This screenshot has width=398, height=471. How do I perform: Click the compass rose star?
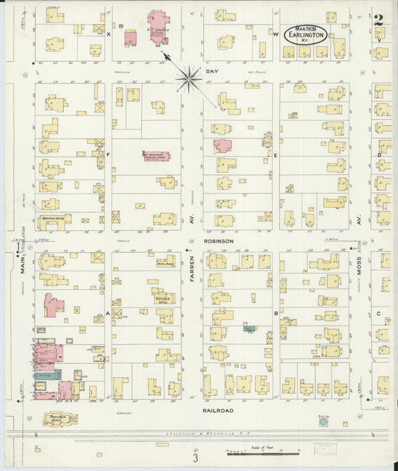pyautogui.click(x=190, y=75)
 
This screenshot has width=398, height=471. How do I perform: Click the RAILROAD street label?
pyautogui.click(x=218, y=410)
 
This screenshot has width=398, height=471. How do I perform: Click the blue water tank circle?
pyautogui.click(x=323, y=422)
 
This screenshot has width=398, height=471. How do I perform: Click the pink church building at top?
pyautogui.click(x=158, y=28)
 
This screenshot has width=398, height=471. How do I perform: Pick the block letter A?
pyautogui.click(x=108, y=314)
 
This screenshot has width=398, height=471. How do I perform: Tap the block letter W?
pyautogui.click(x=275, y=35)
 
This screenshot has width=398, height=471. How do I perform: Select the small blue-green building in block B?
pyautogui.click(x=248, y=327)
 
